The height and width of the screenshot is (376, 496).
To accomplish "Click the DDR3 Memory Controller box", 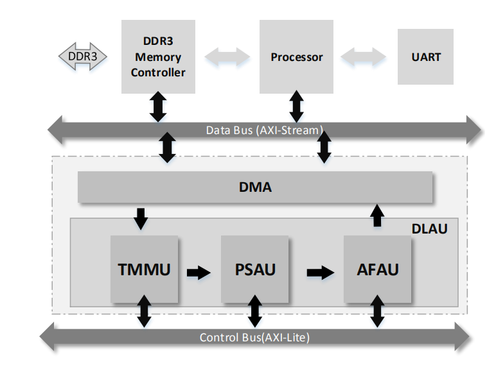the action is pos(158,56).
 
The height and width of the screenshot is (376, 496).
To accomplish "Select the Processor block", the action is pos(296,56).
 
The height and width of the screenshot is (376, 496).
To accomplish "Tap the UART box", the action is pos(425,57).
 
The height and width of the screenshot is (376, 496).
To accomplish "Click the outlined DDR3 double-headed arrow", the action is pos(83,56).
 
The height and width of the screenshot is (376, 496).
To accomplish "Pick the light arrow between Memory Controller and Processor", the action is pos(227,57).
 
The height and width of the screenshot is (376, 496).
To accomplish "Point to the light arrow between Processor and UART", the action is pos(363,57).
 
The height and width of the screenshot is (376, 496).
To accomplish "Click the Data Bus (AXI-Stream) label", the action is pos(265,130).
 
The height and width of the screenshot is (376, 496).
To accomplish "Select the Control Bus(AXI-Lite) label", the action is pos(254,338).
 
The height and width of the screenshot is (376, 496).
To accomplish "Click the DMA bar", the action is pos(255,187).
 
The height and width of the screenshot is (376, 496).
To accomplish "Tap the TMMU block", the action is pos(145,269).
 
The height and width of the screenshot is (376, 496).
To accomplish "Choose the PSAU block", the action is pos(254,269).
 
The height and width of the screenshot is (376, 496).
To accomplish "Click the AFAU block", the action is pos(377,269).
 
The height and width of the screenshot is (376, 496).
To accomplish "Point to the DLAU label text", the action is pos(430,229).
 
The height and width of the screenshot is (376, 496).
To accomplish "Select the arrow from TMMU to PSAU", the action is pos(199,272).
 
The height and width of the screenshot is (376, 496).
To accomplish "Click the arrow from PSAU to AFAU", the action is pos(321,272).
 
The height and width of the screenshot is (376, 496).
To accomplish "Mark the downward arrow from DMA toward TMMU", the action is pos(141,219).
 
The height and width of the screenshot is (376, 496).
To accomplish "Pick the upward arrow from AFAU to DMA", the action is pos(377,216).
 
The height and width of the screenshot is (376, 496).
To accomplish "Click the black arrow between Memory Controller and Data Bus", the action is pos(158,107).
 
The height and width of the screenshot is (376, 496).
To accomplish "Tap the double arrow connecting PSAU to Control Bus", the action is pos(254,311).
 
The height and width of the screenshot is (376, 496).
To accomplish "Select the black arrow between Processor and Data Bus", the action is pos(296,106).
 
